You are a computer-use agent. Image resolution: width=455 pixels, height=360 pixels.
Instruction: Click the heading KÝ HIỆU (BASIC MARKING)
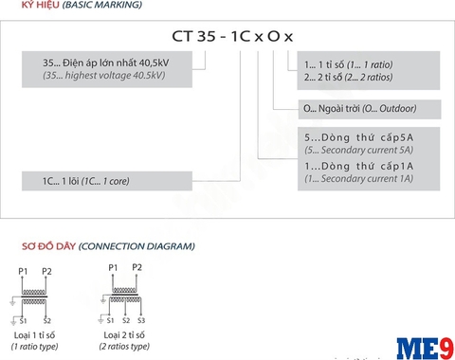click(82, 5)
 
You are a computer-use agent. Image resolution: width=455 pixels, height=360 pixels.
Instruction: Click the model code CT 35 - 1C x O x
click(232, 36)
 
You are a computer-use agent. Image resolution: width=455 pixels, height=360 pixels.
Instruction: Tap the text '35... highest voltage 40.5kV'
click(104, 76)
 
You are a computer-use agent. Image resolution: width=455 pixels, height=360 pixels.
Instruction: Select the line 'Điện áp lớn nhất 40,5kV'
click(116, 63)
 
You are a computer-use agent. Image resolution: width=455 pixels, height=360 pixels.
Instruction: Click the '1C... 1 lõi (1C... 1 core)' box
click(107, 181)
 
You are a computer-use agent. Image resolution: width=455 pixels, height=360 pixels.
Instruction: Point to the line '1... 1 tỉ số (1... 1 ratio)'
click(349, 64)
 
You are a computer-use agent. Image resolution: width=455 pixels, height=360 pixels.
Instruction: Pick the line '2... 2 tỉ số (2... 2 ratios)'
click(349, 77)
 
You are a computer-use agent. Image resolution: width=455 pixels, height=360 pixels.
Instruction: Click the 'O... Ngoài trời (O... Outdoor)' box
click(370, 109)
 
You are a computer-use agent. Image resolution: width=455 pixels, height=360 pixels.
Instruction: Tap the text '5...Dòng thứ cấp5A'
click(359, 137)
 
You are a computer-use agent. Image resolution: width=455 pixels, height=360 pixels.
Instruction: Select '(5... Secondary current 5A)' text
click(359, 150)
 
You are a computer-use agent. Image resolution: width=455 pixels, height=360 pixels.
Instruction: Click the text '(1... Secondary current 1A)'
click(359, 178)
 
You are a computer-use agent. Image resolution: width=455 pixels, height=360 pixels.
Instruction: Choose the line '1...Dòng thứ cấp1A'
click(359, 166)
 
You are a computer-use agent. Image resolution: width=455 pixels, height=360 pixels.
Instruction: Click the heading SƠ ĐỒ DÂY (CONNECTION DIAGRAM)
click(108, 246)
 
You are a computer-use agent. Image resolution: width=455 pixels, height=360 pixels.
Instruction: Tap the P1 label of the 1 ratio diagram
click(23, 271)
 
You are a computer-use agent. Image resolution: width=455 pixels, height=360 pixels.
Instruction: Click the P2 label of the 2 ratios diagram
click(136, 267)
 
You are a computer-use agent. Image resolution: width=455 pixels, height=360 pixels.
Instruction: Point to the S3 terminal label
click(141, 320)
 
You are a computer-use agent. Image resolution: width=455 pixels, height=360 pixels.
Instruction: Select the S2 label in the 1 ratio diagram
click(47, 321)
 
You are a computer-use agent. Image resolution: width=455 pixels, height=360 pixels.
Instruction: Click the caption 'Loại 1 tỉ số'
click(34, 335)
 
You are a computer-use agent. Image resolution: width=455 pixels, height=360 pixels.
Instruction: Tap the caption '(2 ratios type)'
click(124, 347)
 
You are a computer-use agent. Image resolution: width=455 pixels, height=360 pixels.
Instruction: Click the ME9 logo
click(426, 349)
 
